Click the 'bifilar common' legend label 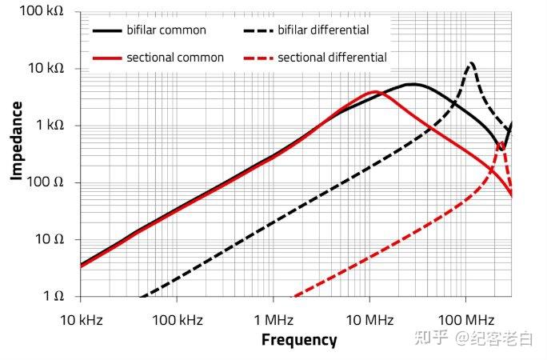coord(166,30)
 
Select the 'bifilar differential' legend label coord(323,30)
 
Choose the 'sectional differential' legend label coord(332,58)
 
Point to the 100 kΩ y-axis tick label coord(42,13)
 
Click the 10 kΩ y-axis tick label coord(45,69)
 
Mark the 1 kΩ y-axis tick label coord(48,126)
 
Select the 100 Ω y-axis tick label coord(46,182)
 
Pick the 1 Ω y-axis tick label coord(53,296)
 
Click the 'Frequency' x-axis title coord(299,340)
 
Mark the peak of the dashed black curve coord(472,62)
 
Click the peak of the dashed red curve coord(501,144)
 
